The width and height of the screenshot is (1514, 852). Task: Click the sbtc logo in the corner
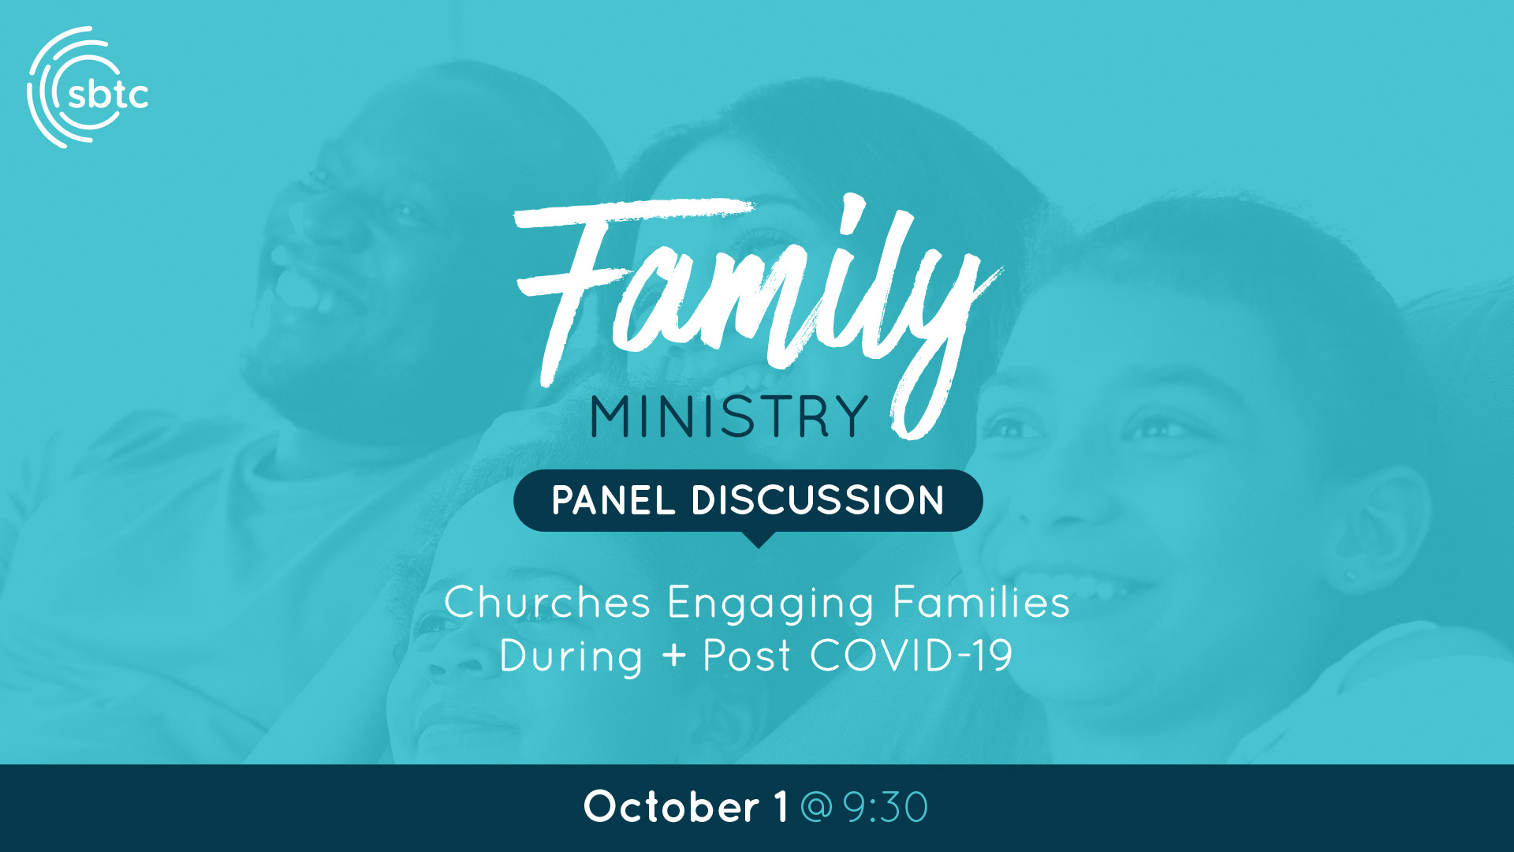(87, 88)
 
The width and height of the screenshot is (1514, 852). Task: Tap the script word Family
(757, 312)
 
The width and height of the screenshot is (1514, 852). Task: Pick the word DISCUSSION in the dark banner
(818, 500)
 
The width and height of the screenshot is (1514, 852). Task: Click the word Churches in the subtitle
(547, 603)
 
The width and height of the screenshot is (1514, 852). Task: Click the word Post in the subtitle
(747, 656)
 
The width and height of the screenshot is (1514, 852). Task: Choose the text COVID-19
(912, 656)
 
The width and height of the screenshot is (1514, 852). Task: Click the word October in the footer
(671, 806)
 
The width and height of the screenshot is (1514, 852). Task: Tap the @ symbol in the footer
(816, 807)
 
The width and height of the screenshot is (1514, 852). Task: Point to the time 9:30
(886, 807)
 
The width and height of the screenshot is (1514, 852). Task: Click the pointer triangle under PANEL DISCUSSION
(758, 540)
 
